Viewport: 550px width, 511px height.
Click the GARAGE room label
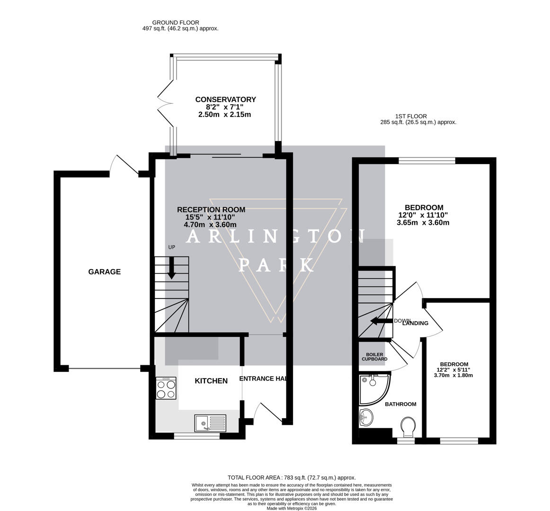coord(104,272)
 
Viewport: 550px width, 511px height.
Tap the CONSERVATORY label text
coord(225,99)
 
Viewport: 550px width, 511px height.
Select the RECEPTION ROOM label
coord(211,210)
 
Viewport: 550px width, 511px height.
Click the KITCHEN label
coord(211,381)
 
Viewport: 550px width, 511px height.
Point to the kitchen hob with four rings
coord(166,388)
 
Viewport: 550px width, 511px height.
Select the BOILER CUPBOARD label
coord(374,357)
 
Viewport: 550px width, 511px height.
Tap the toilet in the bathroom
coord(408,427)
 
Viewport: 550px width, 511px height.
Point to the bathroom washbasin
coord(366,417)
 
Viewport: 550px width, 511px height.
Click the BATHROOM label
coord(400,404)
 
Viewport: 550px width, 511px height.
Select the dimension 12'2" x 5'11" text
coord(453,370)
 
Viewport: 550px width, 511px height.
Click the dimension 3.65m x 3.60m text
coord(423,222)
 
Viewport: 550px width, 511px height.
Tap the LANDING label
coord(416,324)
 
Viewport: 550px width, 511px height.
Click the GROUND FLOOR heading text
coord(176,22)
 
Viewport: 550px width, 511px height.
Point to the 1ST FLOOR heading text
coord(411,116)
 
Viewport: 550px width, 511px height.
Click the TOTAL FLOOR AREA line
coord(292,478)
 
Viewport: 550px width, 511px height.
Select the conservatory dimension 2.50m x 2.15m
coord(225,115)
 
